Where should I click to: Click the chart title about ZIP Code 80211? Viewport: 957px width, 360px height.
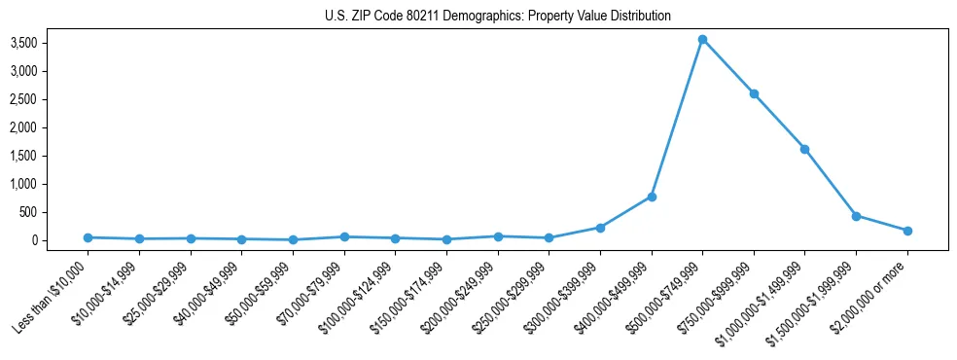(x=497, y=17)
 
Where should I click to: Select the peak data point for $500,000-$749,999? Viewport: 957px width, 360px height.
(x=702, y=40)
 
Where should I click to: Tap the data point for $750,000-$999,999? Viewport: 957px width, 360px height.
(x=754, y=93)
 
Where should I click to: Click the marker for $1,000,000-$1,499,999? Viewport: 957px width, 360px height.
(x=804, y=149)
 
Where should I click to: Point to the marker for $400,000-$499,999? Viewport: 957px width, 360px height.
(x=652, y=197)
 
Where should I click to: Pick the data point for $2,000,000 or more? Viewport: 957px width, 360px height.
(x=907, y=231)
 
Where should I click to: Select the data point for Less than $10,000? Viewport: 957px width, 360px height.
(x=88, y=237)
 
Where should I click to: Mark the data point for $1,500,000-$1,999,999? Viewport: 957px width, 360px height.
(x=856, y=216)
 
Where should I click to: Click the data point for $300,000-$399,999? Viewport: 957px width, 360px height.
(x=600, y=228)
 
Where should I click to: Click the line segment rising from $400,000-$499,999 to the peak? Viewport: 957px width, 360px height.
(x=677, y=118)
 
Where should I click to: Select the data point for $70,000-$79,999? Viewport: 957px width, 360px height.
(x=343, y=236)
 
